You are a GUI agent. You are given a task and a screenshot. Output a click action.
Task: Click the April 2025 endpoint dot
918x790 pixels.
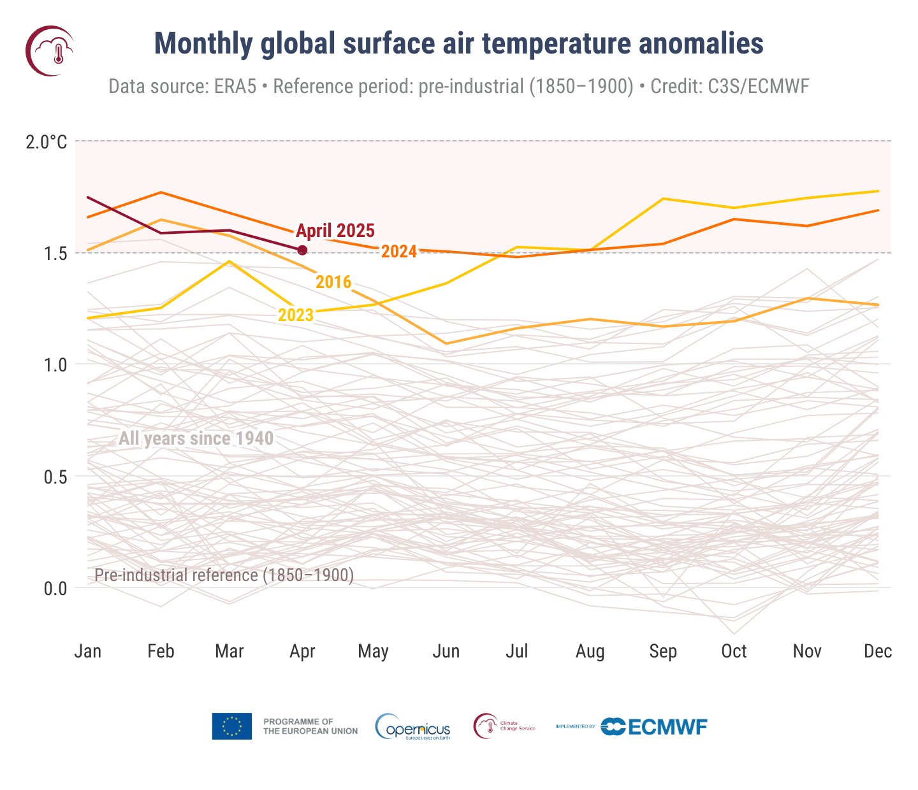pos(302,250)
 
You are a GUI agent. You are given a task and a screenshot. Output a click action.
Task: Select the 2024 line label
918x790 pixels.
pos(399,252)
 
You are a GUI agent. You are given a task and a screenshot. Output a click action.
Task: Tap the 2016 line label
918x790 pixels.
pos(333,282)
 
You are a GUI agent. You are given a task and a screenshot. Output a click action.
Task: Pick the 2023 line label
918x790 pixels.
pos(296,315)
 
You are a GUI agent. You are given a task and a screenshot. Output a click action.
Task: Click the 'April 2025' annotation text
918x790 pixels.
pos(335,231)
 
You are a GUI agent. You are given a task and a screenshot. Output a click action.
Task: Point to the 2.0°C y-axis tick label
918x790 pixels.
pos(46,141)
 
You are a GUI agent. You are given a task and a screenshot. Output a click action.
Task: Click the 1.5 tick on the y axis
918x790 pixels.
pos(55,253)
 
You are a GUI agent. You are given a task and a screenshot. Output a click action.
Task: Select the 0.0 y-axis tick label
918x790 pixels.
pos(55,588)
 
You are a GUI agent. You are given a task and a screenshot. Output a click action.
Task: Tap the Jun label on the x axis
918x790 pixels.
pos(446,651)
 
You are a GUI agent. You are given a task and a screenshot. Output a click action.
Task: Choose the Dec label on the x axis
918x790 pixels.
pos(877,651)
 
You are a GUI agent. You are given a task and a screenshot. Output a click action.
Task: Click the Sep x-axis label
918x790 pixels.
pos(662,651)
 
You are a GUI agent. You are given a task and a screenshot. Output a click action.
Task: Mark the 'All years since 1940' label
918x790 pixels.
pos(196,438)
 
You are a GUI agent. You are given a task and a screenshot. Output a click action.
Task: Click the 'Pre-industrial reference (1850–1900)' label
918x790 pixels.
pos(224,575)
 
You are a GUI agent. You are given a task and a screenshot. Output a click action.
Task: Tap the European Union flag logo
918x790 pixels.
pos(231,726)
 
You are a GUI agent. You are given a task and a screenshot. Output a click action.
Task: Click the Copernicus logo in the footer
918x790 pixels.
pos(413,727)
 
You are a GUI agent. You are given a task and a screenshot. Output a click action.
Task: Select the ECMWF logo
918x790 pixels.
pos(655,726)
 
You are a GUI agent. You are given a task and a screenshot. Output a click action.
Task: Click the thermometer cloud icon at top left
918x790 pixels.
pos(50,51)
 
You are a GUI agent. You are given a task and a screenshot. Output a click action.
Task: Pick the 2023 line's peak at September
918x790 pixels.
pos(663,199)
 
